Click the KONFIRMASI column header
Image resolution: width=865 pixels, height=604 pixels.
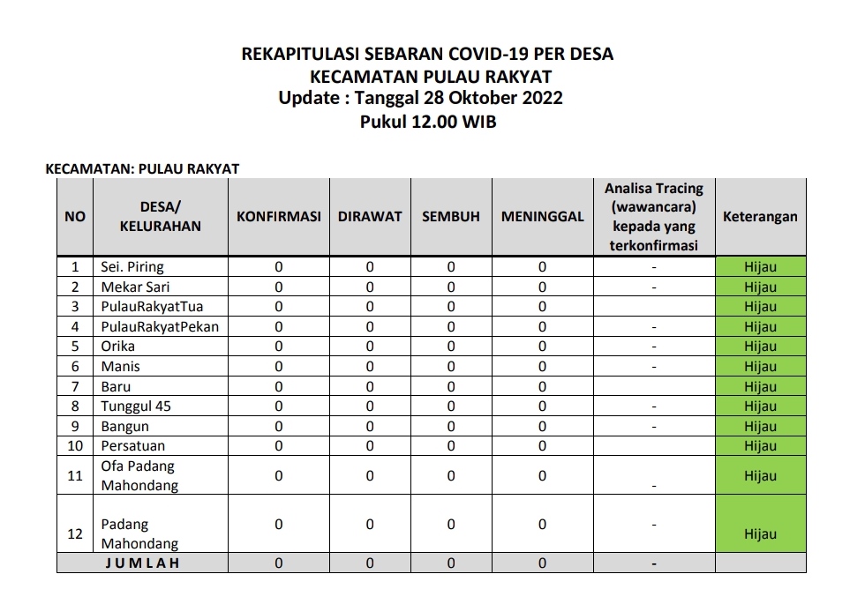pyautogui.click(x=278, y=217)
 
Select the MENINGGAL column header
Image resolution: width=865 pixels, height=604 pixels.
pyautogui.click(x=542, y=217)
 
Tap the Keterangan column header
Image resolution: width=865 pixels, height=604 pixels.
pyautogui.click(x=760, y=217)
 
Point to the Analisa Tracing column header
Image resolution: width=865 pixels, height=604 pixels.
pyautogui.click(x=653, y=217)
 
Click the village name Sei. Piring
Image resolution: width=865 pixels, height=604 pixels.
pyautogui.click(x=132, y=267)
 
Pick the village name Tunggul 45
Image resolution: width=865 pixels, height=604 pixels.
pyautogui.click(x=136, y=406)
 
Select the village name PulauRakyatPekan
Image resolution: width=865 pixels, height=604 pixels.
pyautogui.click(x=160, y=327)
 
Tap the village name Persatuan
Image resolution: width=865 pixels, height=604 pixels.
pyautogui.click(x=133, y=446)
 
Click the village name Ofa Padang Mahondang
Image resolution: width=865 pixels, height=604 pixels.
pyautogui.click(x=139, y=475)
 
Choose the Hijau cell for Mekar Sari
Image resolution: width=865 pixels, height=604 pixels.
pyautogui.click(x=760, y=287)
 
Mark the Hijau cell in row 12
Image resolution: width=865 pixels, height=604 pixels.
pyautogui.click(x=760, y=534)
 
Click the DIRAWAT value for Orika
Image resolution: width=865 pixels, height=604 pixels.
pyautogui.click(x=370, y=347)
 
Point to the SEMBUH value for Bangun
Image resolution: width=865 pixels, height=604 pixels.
pyautogui.click(x=451, y=427)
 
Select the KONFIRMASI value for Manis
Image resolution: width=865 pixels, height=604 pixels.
pyautogui.click(x=279, y=367)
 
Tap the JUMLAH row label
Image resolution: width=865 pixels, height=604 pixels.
pyautogui.click(x=142, y=563)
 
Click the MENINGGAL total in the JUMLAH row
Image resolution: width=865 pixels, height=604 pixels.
pyautogui.click(x=542, y=563)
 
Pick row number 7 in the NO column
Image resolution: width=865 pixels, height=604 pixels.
pyautogui.click(x=76, y=386)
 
